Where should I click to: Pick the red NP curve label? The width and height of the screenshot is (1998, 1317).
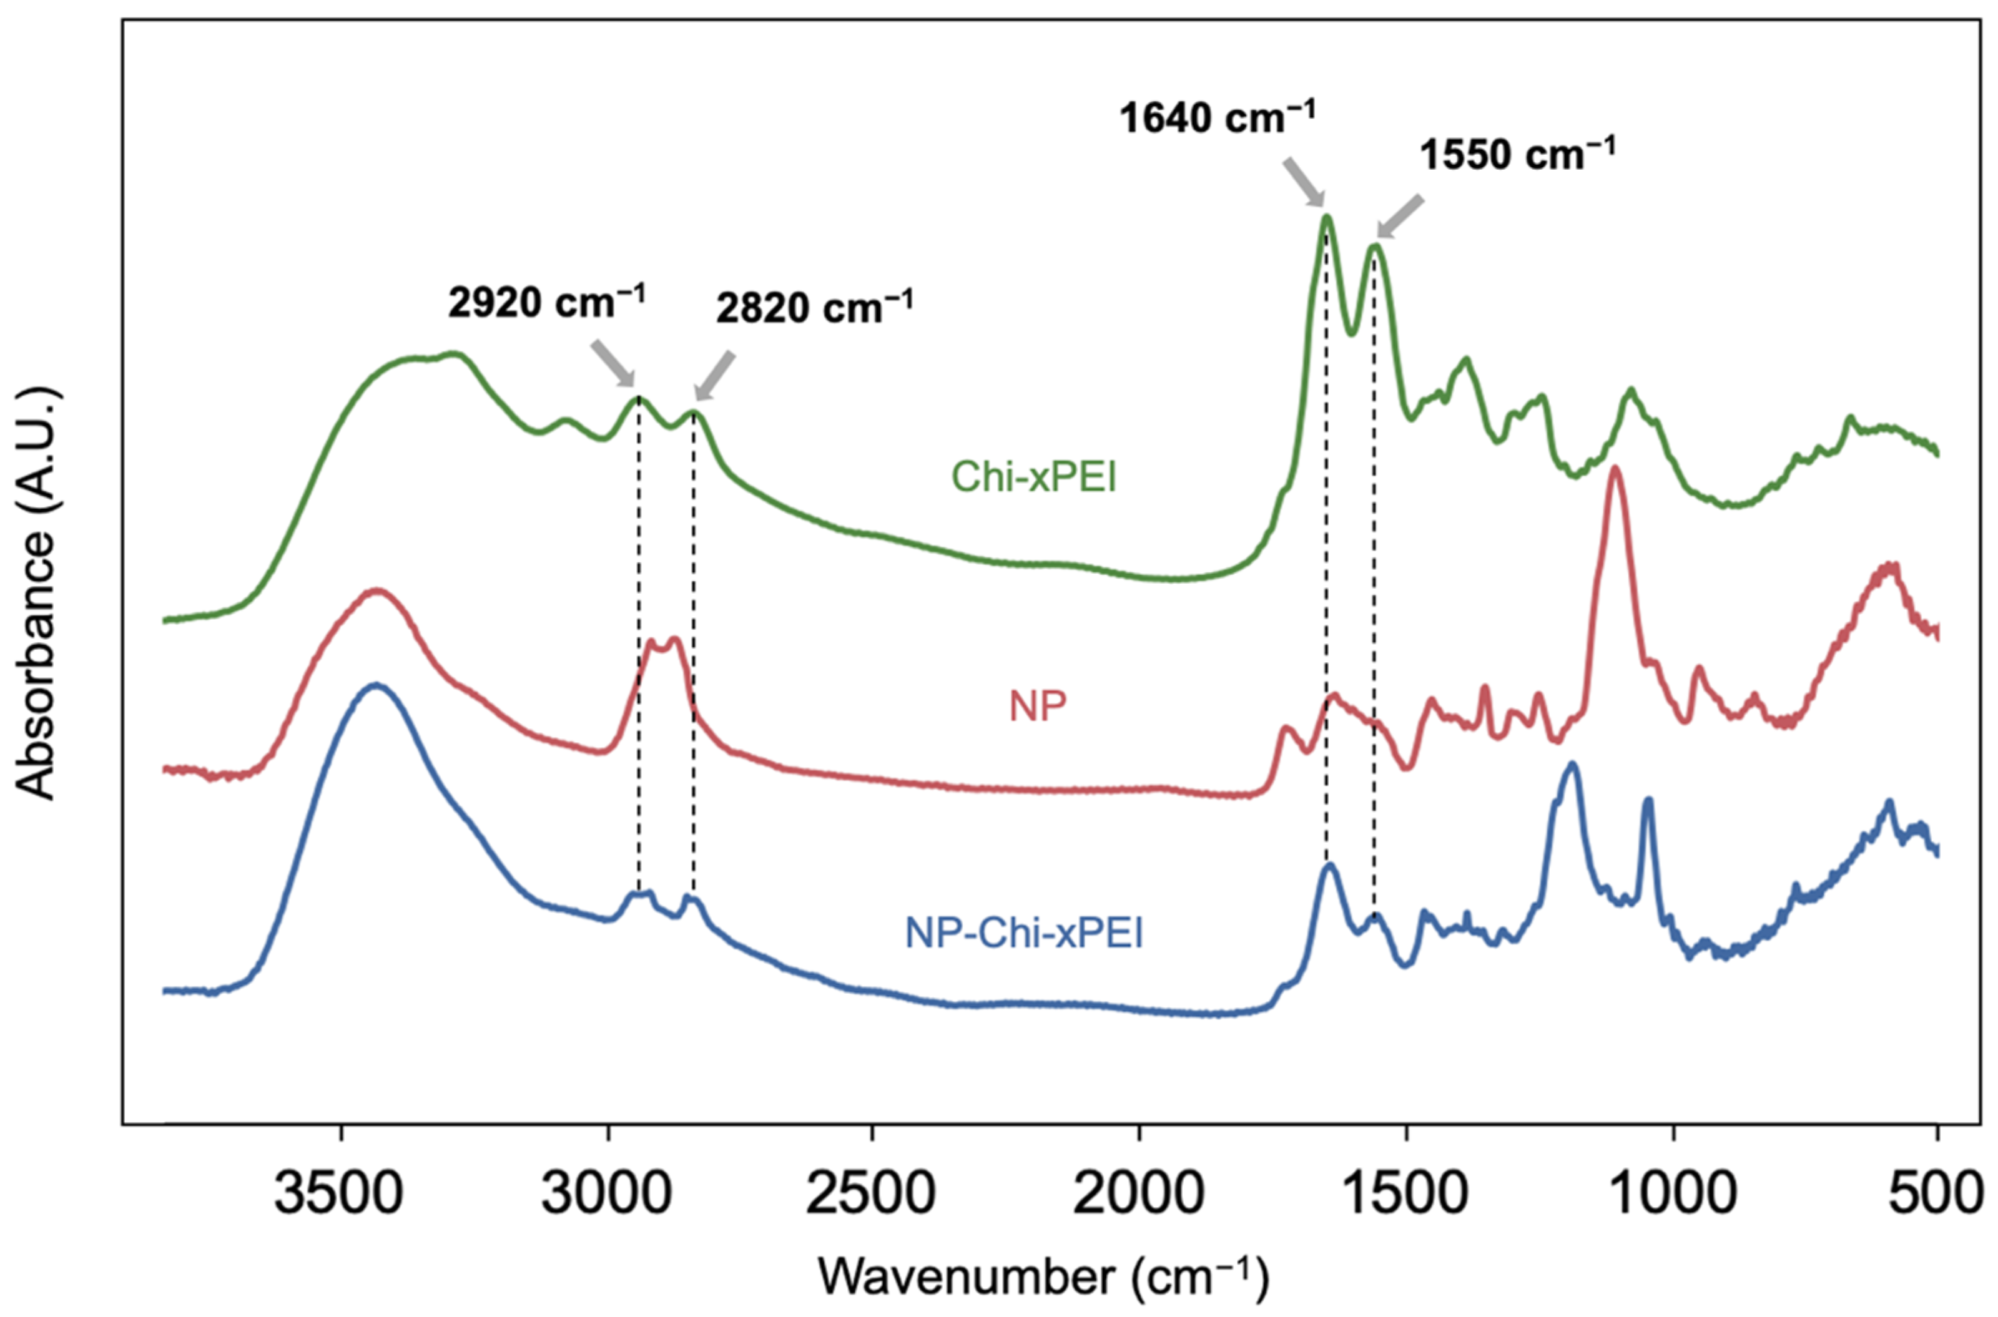point(1038,707)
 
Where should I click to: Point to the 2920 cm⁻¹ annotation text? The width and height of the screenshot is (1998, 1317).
point(546,302)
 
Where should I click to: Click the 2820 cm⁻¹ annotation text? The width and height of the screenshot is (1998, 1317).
point(814,308)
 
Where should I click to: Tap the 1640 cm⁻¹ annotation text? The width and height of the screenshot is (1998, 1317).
point(1217,117)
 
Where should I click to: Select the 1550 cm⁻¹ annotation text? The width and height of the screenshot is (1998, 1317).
point(1517,155)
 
